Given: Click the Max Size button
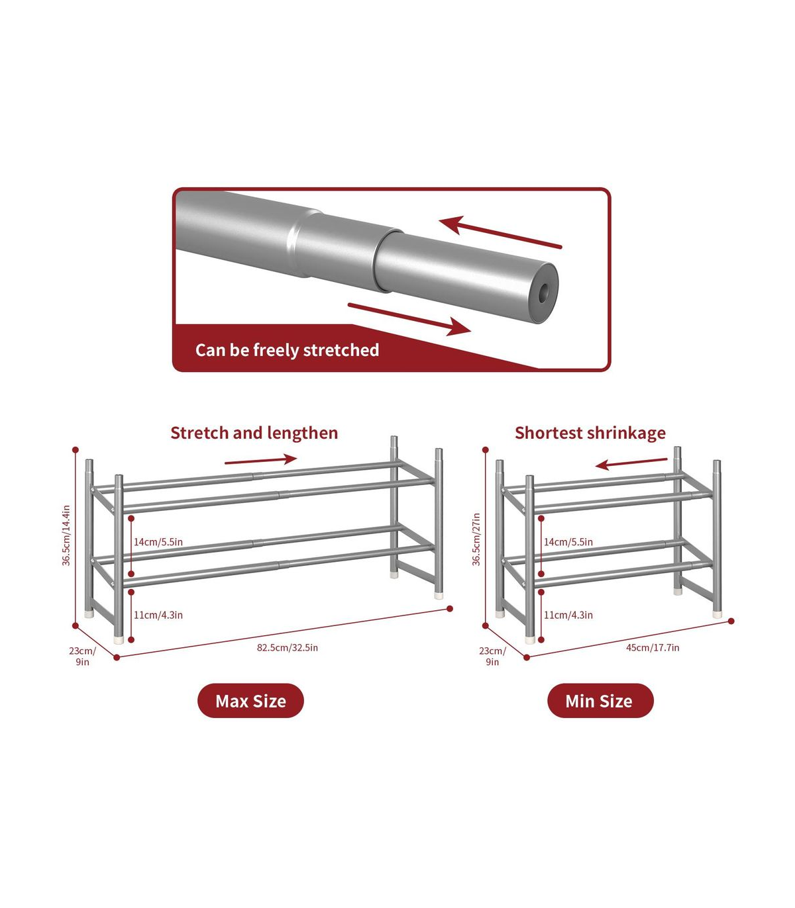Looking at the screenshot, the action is click(250, 701).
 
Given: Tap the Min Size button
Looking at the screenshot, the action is click(600, 701).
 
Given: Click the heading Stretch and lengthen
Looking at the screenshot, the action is click(254, 433).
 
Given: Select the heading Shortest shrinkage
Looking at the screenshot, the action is click(590, 433).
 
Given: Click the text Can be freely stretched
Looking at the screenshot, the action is click(287, 350).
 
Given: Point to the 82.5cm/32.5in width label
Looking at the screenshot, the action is click(288, 647).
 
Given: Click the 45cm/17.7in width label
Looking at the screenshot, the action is click(653, 647).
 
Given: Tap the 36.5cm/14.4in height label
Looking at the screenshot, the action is click(66, 535).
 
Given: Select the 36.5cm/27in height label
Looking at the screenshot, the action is click(476, 539).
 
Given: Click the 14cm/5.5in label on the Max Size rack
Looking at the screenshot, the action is click(158, 542).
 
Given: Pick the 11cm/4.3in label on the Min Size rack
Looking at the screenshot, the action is click(568, 615).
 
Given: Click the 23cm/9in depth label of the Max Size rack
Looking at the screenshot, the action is click(82, 657).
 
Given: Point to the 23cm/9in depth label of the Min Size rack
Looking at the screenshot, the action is click(492, 657).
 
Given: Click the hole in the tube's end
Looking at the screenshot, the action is click(543, 294).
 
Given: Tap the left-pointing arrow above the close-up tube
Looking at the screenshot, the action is click(501, 232).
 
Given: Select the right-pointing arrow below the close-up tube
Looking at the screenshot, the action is click(409, 318).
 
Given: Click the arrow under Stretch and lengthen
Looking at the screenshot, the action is click(261, 460).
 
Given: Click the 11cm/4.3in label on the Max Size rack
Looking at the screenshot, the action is click(158, 615).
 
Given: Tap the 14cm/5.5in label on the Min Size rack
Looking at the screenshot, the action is click(568, 542).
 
